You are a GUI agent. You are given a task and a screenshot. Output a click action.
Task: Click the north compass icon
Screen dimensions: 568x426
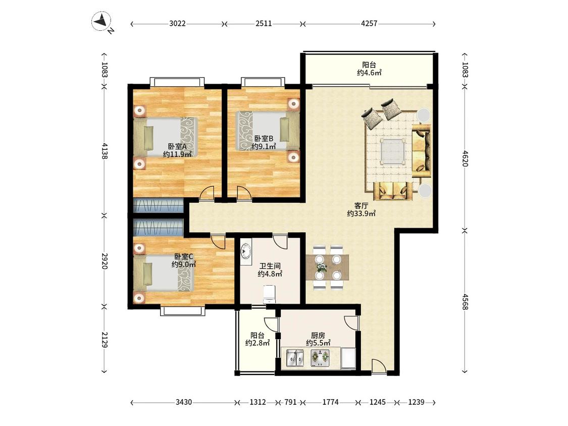101,22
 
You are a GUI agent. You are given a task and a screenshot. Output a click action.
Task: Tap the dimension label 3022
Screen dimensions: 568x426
178,24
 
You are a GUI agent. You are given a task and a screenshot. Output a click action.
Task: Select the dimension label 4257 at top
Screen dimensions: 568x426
369,24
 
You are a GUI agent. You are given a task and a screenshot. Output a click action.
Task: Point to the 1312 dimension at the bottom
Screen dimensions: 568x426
258,402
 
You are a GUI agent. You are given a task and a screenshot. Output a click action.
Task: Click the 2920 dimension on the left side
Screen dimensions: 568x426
105,261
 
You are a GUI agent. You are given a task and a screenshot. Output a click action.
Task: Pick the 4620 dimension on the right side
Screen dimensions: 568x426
465,158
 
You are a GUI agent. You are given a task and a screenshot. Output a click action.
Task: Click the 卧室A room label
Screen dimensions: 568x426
177,147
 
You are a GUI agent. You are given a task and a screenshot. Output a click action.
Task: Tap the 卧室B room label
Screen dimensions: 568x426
264,138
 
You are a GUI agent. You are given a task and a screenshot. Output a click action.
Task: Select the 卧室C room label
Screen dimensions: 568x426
183,256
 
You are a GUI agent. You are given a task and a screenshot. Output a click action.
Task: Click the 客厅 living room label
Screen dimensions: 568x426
361,205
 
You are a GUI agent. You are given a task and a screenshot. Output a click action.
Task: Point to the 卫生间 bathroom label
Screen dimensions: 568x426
270,267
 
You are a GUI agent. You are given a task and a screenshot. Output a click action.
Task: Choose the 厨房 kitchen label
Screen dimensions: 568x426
318,335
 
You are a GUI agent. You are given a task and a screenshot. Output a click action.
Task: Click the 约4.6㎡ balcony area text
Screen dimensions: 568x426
369,73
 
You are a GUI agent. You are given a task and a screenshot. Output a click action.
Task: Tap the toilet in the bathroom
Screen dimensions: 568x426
269,294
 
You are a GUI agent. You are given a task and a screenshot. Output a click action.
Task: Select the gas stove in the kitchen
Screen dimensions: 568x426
320,358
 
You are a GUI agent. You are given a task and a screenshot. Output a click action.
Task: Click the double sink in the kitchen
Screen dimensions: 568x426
295,358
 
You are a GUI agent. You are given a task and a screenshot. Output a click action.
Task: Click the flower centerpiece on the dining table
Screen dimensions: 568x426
321,268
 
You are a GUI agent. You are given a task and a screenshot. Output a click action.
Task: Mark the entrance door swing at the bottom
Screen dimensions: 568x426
379,365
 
